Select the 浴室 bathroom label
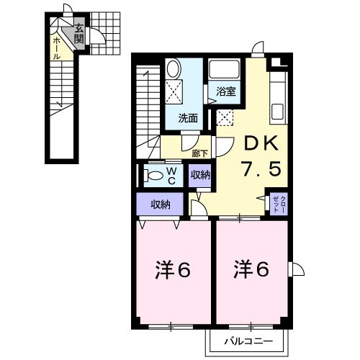pos(225,91)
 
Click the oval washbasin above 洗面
pos(174,70)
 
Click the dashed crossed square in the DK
pos(225,117)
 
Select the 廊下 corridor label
pos(199,152)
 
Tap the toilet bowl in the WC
pos(153,175)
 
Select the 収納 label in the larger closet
pos(161,204)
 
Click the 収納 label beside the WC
pos(200,175)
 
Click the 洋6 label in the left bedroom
pos(173,271)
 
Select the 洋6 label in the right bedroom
pos(251,270)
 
